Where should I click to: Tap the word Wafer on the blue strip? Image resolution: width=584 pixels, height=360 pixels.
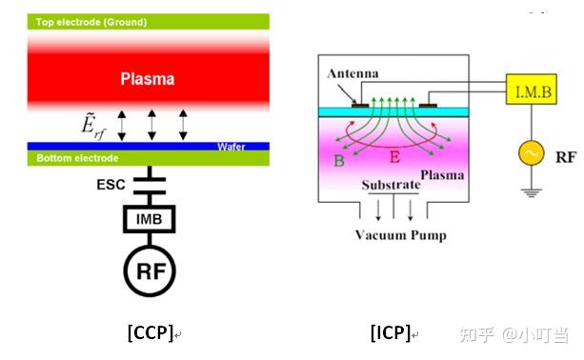[x=232, y=147]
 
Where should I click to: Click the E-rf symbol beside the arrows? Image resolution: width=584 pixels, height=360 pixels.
[x=94, y=124]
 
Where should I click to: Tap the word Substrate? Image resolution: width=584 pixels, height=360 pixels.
[x=393, y=182]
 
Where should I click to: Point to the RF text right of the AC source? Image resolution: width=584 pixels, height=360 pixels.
[x=565, y=151]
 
